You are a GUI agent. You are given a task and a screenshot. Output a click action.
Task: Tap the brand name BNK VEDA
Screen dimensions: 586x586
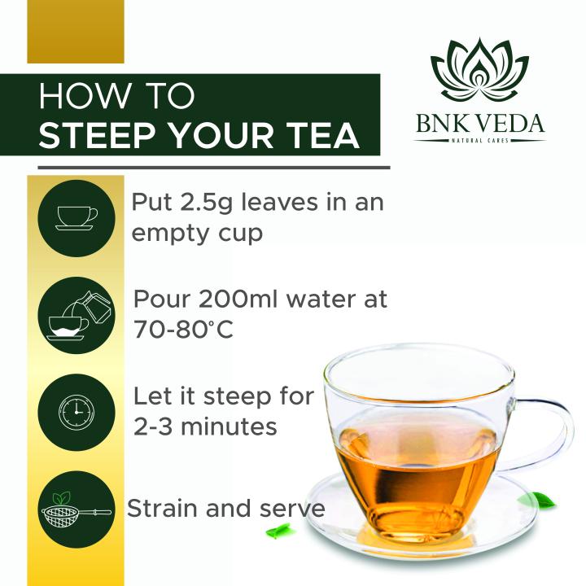tap(479, 125)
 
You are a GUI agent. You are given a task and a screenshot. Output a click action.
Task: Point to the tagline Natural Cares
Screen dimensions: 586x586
tap(479, 142)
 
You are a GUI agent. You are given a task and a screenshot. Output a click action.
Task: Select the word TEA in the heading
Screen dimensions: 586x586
tap(323, 136)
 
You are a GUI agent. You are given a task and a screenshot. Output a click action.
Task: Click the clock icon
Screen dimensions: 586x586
tap(77, 412)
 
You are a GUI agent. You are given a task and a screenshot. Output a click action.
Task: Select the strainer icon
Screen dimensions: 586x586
tap(75, 509)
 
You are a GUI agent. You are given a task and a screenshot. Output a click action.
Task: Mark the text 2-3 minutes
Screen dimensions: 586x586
tap(206, 426)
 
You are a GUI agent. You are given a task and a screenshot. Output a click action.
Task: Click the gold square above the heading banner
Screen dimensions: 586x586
tap(75, 31)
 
